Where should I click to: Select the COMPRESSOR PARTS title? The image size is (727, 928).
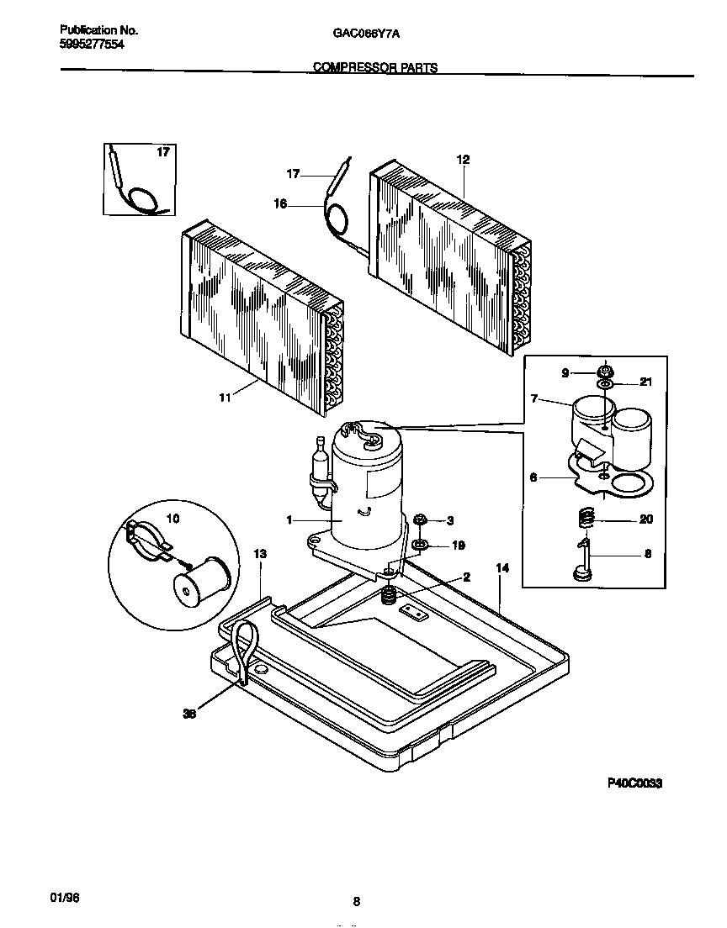pyautogui.click(x=375, y=68)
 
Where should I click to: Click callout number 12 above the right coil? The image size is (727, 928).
pyautogui.click(x=462, y=159)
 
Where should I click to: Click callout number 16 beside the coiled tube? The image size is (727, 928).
pyautogui.click(x=281, y=203)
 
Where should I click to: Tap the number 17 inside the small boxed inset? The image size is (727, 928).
pyautogui.click(x=163, y=152)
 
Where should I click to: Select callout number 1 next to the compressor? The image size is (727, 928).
pyautogui.click(x=289, y=520)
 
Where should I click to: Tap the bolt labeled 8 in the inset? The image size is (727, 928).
pyautogui.click(x=581, y=560)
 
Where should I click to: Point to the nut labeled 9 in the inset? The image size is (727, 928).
pyautogui.click(x=604, y=371)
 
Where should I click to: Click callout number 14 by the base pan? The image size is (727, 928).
pyautogui.click(x=502, y=569)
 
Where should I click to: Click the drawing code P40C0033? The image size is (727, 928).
pyautogui.click(x=635, y=783)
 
